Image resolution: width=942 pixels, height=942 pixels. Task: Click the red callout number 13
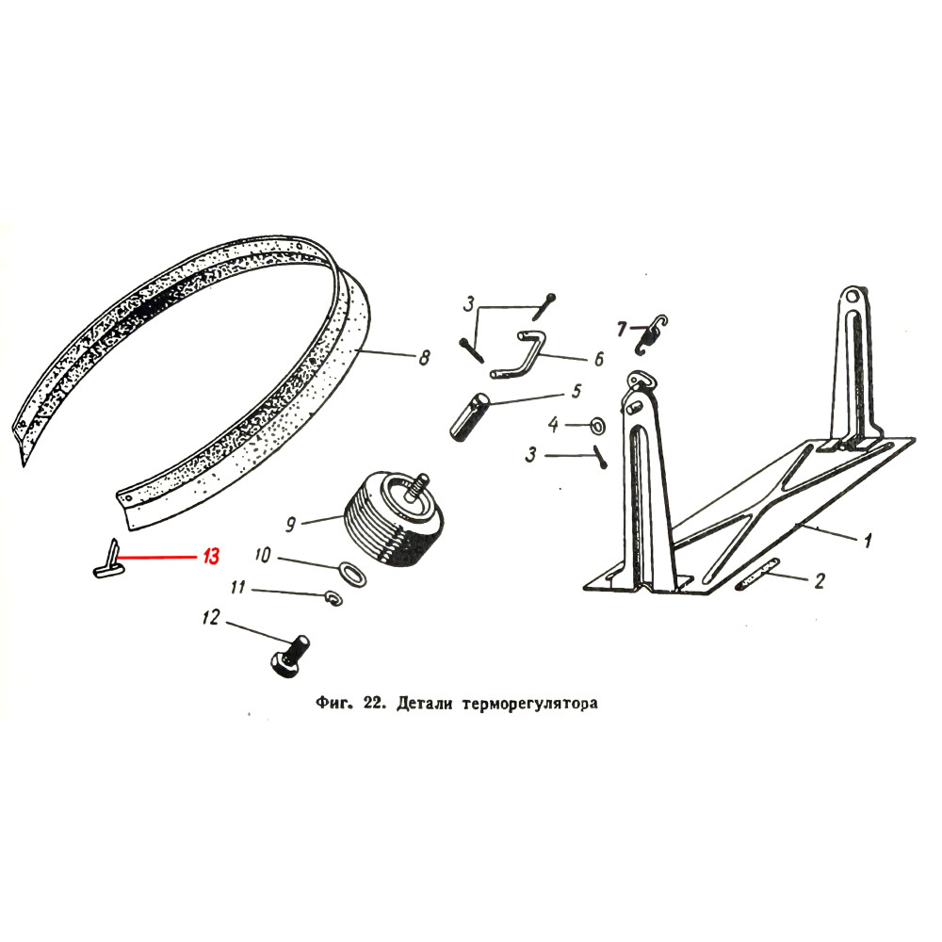coord(209,557)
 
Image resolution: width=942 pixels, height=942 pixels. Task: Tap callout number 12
coord(210,619)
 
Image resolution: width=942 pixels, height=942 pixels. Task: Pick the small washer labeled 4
coord(596,427)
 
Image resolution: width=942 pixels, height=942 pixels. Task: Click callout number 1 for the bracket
coord(868,541)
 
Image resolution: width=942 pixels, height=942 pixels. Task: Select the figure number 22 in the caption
coord(375,704)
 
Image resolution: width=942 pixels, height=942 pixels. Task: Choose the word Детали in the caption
coord(425,704)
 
